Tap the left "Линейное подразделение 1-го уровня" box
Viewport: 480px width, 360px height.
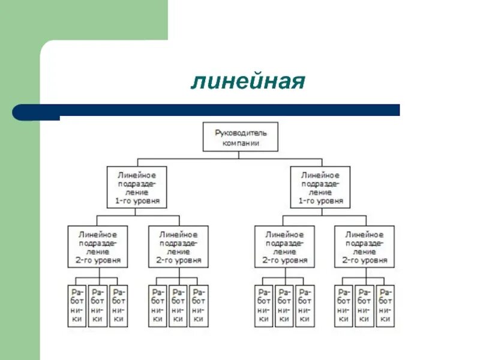[x=137, y=187]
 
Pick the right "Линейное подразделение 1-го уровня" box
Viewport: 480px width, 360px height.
[x=320, y=187]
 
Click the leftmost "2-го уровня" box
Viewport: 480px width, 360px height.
[x=97, y=247]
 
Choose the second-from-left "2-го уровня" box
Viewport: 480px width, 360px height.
[x=178, y=247]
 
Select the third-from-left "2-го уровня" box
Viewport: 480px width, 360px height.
[x=284, y=247]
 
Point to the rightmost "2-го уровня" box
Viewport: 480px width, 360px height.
[x=365, y=247]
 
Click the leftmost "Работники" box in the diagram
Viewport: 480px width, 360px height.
[x=77, y=305]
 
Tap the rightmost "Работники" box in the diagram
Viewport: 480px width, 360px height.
[x=385, y=305]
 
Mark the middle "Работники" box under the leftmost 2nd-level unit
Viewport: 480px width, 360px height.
[x=97, y=305]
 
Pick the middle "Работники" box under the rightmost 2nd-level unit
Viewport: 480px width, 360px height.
[x=365, y=305]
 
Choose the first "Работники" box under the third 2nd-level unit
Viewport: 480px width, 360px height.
[x=264, y=305]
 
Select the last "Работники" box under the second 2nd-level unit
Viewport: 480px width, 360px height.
[x=199, y=305]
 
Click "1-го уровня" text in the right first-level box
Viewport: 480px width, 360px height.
[x=320, y=202]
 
